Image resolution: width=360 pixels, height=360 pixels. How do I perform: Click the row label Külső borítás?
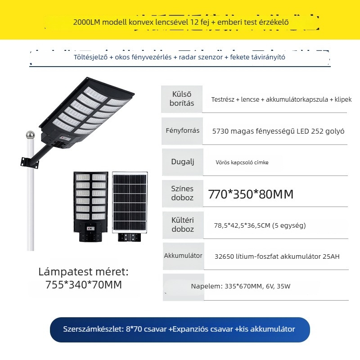(182, 99)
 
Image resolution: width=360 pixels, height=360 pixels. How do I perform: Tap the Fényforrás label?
(183, 130)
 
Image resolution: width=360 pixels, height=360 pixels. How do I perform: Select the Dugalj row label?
(182, 162)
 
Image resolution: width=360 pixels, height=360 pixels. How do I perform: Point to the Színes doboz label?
(182, 193)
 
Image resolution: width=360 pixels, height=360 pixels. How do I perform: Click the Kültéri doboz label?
(182, 225)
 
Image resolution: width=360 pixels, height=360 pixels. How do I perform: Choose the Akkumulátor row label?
(183, 256)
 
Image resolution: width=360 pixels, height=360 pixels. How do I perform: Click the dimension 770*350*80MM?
(251, 194)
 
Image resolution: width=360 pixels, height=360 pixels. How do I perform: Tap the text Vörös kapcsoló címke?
(242, 162)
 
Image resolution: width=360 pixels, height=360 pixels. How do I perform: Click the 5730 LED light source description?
(278, 131)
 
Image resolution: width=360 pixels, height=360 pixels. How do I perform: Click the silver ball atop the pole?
(30, 135)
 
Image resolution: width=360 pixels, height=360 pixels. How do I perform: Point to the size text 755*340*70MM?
(84, 285)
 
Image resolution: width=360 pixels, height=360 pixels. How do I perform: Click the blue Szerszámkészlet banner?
(180, 329)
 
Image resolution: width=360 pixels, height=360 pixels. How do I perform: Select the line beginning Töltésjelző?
(180, 57)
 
